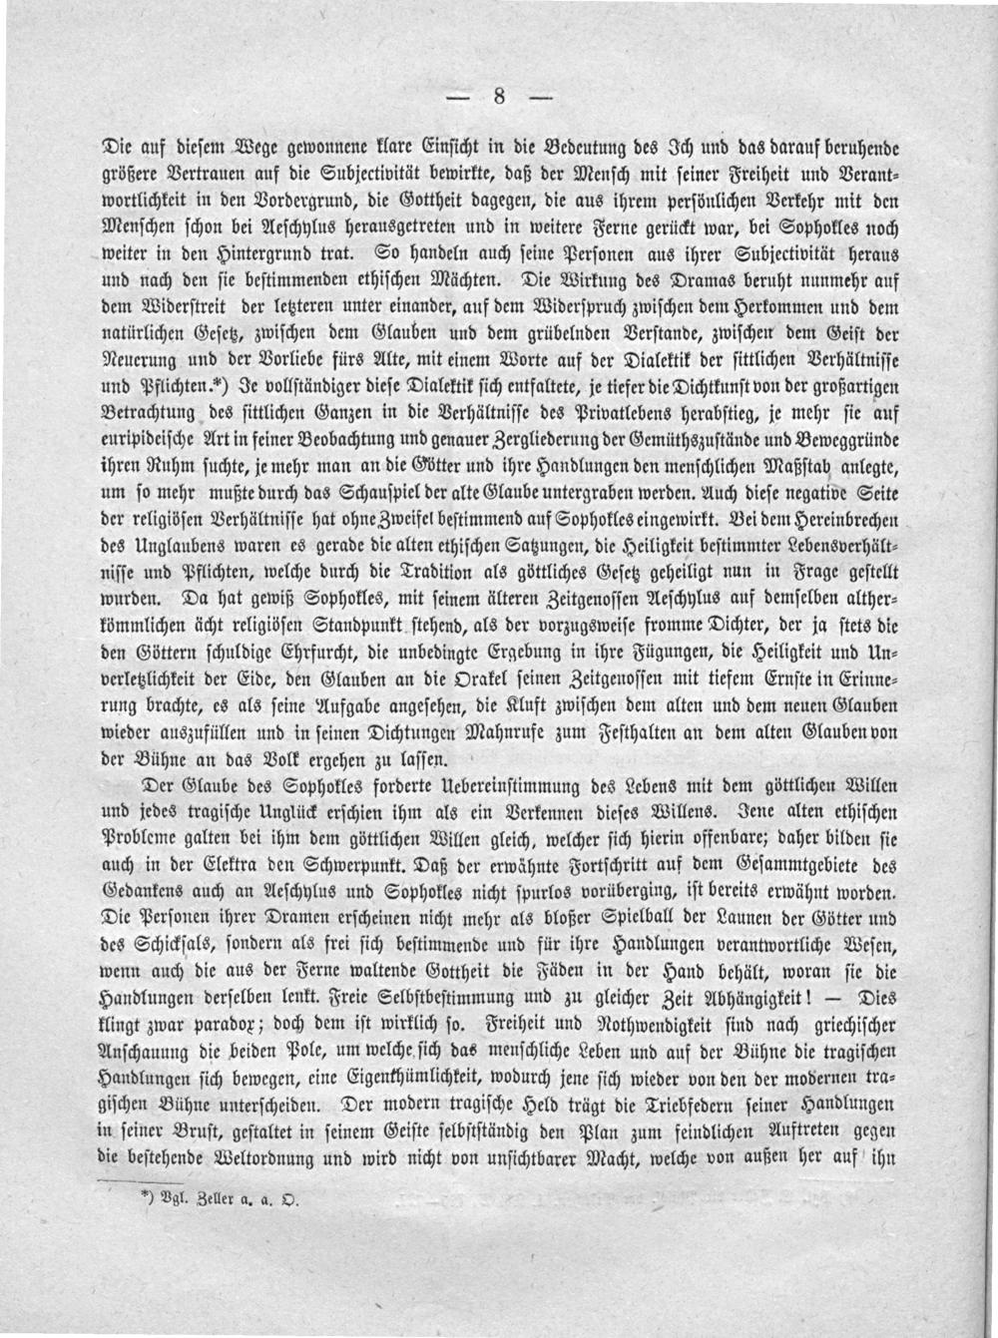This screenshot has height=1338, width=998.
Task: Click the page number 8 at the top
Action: [x=500, y=97]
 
